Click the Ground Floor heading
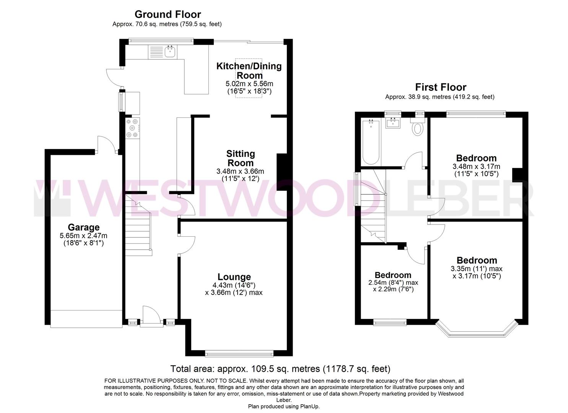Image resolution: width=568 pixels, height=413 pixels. pos(168,15)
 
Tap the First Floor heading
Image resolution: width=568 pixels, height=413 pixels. pos(441,87)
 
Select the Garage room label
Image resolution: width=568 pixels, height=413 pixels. pos(83,228)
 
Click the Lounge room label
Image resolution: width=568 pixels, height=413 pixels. pos(234,277)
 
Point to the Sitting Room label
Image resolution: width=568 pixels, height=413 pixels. pos(240,158)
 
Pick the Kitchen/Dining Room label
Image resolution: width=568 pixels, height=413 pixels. pos(249,70)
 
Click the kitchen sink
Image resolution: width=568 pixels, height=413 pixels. pos(170,51)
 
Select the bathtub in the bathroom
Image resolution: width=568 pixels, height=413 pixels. pos(371,141)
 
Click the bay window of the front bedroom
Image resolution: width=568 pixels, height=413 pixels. pos(476,330)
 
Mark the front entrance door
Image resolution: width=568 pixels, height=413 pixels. pos(151,317)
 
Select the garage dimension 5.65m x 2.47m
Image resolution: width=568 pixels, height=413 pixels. pos(83,236)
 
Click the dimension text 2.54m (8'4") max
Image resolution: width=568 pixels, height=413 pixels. pos(393,283)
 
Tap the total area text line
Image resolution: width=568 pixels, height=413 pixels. pos(280,369)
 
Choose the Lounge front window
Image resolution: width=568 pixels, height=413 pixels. pos(239,354)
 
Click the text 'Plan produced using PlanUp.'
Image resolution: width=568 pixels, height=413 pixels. pos(283,406)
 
